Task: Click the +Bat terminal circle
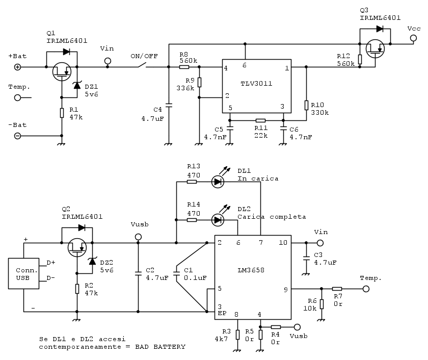(x=18, y=67)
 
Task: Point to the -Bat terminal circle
(x=18, y=136)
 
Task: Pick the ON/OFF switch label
(x=144, y=56)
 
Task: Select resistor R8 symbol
(x=184, y=67)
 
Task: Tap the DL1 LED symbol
(x=218, y=181)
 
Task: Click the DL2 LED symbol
(x=218, y=220)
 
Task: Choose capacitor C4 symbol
(x=168, y=106)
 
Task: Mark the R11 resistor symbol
(x=260, y=121)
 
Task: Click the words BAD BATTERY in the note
(x=162, y=347)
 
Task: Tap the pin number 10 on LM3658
(x=283, y=242)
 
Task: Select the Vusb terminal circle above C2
(x=138, y=237)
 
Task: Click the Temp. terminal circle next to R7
(x=365, y=289)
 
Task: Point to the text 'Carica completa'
(x=272, y=217)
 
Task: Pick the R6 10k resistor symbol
(x=321, y=304)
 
